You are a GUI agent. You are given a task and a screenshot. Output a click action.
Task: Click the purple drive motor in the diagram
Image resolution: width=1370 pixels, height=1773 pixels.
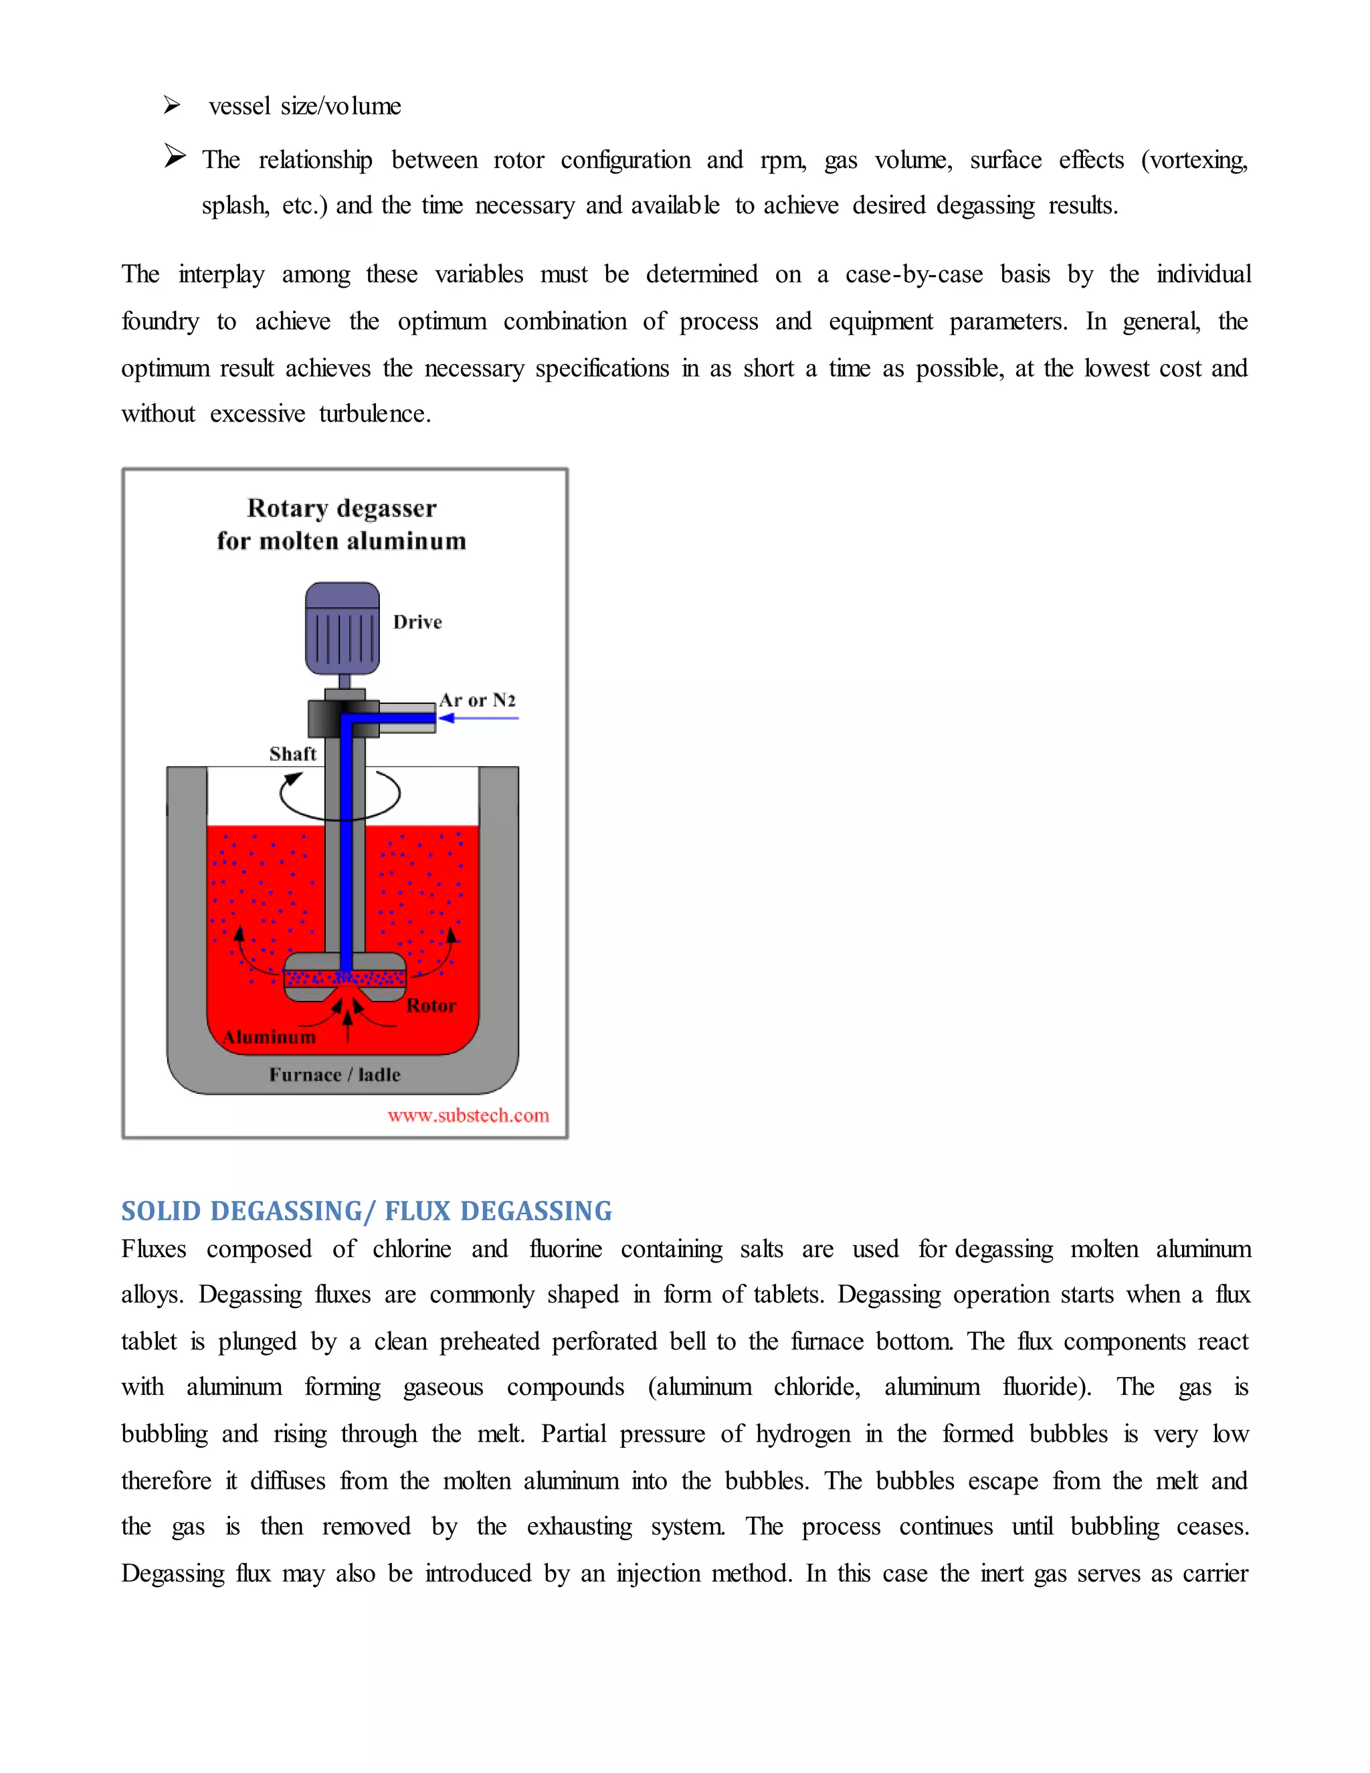[342, 628]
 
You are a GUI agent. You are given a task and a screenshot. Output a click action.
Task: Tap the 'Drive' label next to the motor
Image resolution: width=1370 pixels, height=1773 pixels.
[417, 622]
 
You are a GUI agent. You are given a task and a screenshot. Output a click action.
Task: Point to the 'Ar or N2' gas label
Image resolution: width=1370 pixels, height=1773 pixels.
[477, 700]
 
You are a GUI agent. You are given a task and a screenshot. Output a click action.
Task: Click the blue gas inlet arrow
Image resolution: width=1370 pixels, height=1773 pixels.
[478, 718]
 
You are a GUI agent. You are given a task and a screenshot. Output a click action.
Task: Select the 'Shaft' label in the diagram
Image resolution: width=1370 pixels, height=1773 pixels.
[292, 753]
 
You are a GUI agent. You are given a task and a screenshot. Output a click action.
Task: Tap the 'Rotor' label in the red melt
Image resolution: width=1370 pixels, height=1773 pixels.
[431, 1005]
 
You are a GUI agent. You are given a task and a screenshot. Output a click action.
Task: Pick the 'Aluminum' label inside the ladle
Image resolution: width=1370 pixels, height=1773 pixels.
[270, 1036]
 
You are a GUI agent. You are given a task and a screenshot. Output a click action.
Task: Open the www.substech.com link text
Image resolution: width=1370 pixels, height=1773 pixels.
[468, 1115]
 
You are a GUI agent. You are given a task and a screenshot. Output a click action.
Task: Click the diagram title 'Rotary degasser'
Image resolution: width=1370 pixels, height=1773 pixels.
[342, 508]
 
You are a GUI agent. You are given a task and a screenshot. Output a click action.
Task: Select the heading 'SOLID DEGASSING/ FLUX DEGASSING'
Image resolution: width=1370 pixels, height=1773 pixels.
[366, 1210]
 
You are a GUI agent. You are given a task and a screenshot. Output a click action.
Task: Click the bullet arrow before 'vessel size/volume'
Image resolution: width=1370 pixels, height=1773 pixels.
[171, 105]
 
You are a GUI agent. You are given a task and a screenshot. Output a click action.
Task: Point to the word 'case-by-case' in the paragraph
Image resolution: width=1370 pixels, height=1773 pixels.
[913, 274]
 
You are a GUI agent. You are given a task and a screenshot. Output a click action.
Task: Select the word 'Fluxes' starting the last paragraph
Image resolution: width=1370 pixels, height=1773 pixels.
[153, 1248]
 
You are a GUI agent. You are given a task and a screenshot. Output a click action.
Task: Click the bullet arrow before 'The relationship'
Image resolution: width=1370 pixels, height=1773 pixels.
[175, 155]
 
